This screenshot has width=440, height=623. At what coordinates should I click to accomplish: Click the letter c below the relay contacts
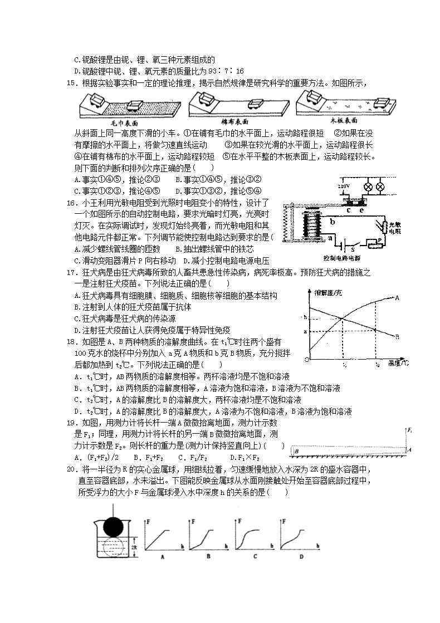click(349, 210)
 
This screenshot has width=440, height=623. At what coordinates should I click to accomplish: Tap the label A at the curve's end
click(398, 298)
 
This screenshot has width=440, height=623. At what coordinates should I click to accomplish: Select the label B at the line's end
click(396, 336)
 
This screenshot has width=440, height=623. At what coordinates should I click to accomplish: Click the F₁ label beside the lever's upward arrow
click(410, 430)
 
